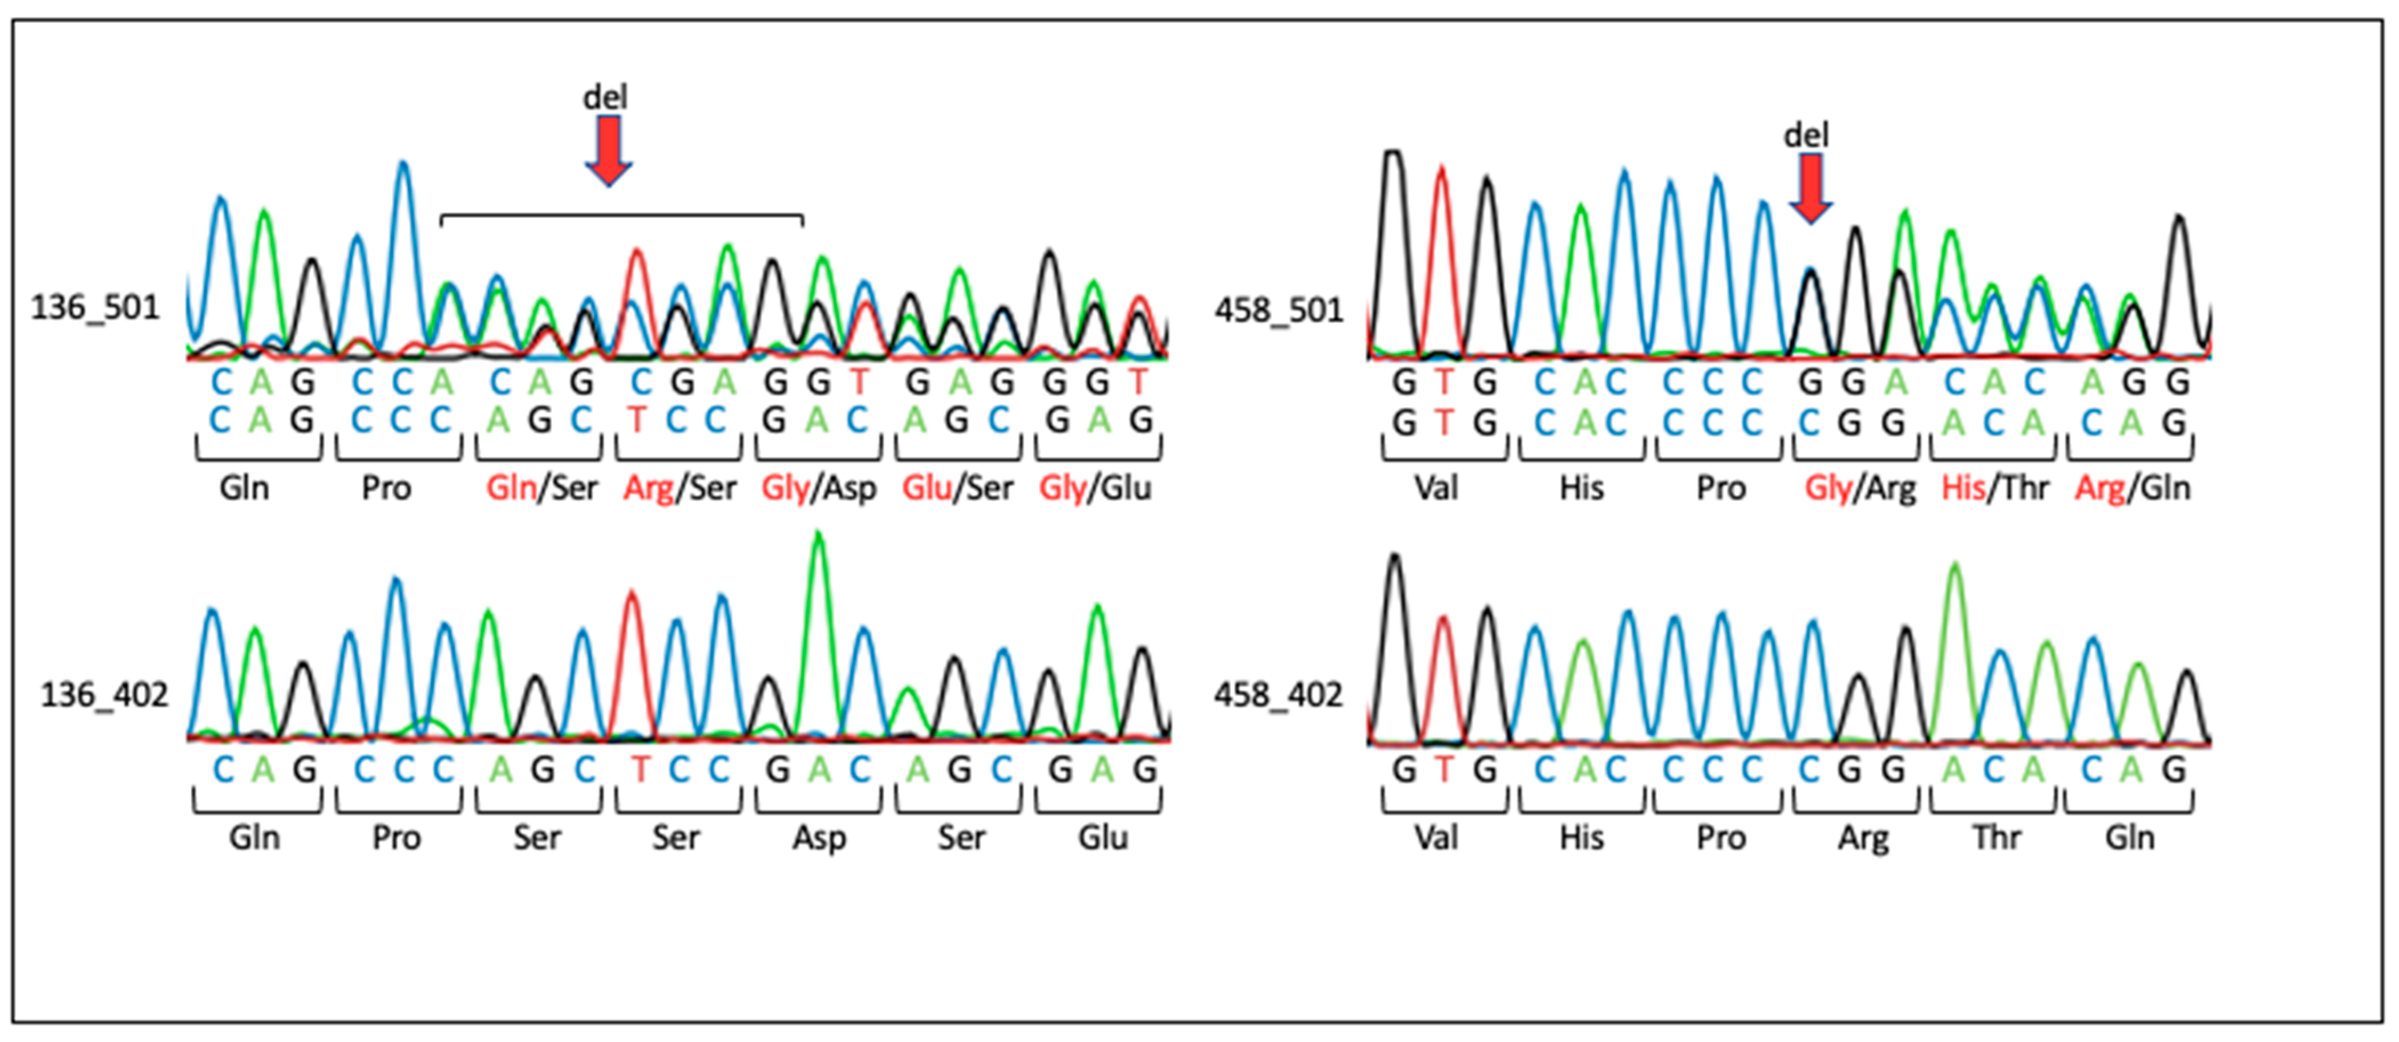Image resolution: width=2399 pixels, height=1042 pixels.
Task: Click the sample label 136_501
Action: coord(95,307)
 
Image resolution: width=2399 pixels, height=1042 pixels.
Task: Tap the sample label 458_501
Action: coord(1279,310)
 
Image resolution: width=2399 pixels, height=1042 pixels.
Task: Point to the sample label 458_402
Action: coord(1278,695)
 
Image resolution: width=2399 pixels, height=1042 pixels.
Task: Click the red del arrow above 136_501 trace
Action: coord(608,149)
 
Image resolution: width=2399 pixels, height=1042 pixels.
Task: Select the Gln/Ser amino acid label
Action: coord(541,488)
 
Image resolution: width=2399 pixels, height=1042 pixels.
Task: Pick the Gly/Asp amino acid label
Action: coord(819,488)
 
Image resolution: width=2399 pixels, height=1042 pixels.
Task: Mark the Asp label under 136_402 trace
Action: coord(819,837)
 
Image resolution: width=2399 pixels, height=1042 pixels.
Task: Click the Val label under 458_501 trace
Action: coord(1436,488)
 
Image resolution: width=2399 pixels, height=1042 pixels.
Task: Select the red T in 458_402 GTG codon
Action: coord(1443,770)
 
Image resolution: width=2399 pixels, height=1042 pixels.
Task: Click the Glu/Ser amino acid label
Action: coord(957,488)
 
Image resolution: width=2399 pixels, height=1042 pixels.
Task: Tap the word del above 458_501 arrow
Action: coord(1806,136)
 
